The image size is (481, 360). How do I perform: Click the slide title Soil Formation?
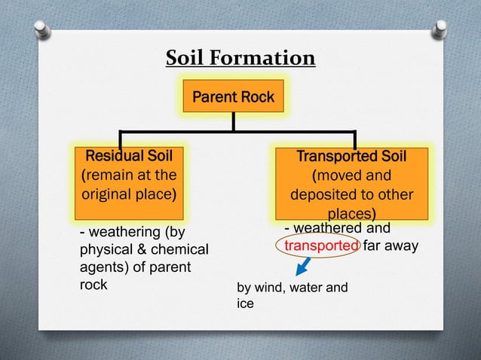pos(240,58)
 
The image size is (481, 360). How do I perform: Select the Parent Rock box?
pos(233,97)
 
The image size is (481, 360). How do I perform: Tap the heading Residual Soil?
pos(129,156)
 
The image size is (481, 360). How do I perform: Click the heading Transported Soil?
pos(351,157)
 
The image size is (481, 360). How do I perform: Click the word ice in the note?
pos(246,304)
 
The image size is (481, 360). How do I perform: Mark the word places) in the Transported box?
pos(351,213)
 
